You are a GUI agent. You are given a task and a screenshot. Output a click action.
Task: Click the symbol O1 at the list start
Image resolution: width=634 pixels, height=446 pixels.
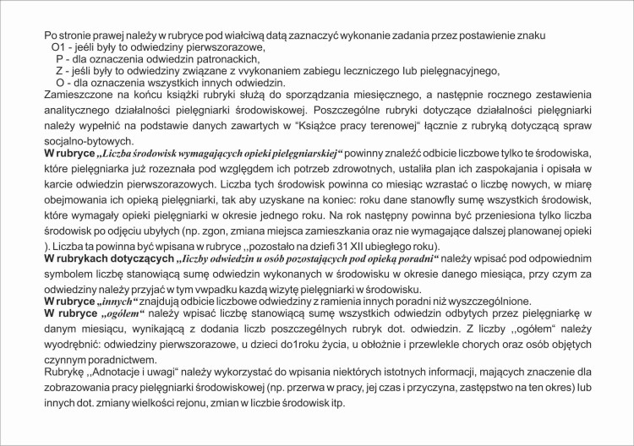tap(60, 46)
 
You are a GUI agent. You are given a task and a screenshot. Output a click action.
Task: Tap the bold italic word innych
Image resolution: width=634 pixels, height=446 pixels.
tap(117, 301)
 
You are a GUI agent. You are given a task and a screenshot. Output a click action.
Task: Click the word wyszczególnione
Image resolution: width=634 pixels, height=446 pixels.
tap(486, 301)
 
